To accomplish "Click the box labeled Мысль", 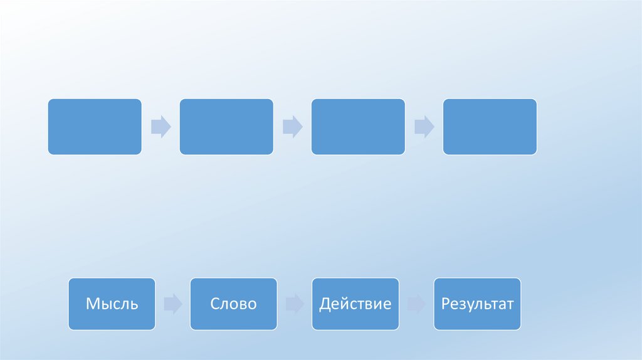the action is click(x=112, y=304).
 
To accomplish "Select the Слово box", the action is click(x=233, y=304).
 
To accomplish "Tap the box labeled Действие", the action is click(x=355, y=304).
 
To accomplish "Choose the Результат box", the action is click(x=476, y=304).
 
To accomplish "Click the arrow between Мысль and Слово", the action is click(x=172, y=305).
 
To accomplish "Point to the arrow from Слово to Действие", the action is click(x=294, y=305).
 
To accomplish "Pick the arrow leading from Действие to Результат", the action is click(x=416, y=305).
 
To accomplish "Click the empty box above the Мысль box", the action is click(x=95, y=127).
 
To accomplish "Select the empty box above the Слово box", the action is click(x=226, y=127).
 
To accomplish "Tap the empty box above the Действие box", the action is click(x=358, y=127).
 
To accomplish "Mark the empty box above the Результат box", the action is click(x=490, y=127).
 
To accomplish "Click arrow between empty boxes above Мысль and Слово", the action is click(x=161, y=127).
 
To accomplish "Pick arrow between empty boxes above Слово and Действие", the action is click(x=293, y=127).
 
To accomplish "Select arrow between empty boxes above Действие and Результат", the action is click(x=424, y=127).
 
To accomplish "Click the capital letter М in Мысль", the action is click(x=92, y=305).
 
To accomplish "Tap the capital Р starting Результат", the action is click(x=445, y=305).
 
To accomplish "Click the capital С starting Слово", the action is click(x=214, y=305).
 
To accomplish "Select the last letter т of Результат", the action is click(x=510, y=305).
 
